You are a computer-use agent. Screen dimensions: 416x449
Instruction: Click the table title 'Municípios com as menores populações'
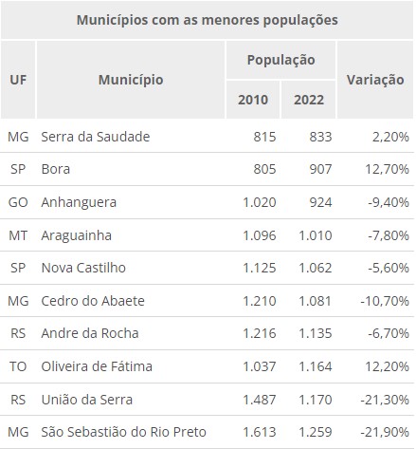tap(208, 20)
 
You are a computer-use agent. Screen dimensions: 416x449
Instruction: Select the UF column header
tap(18, 80)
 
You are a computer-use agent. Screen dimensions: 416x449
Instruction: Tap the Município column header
tap(131, 80)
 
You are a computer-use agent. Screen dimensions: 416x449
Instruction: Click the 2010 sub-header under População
tap(253, 100)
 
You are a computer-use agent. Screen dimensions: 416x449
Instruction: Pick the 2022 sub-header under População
tap(309, 100)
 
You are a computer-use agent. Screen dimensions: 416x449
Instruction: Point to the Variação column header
tap(375, 80)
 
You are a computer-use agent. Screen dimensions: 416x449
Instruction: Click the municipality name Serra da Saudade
tap(96, 137)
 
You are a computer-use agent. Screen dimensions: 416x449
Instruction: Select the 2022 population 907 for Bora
tap(320, 169)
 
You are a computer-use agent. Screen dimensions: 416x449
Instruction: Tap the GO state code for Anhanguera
tap(18, 202)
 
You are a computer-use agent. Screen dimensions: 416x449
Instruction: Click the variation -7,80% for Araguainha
tap(389, 235)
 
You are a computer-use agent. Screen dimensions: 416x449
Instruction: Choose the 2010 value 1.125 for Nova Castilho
tap(260, 268)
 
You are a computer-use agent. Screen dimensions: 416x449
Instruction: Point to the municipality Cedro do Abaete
tap(93, 301)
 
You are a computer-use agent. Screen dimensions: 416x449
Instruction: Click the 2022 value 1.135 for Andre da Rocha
tap(316, 333)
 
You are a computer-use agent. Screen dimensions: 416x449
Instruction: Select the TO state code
tap(18, 366)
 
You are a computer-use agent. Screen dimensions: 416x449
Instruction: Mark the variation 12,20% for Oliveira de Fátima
tap(387, 366)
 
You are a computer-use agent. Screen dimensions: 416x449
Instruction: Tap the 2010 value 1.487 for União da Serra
tap(260, 400)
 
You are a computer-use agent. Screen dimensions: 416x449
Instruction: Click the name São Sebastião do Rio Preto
tap(124, 432)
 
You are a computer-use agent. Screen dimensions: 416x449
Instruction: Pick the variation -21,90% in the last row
tap(385, 432)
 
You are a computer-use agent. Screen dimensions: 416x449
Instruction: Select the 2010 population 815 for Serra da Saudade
tap(264, 137)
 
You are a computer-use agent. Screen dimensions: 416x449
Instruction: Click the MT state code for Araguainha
tap(18, 235)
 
